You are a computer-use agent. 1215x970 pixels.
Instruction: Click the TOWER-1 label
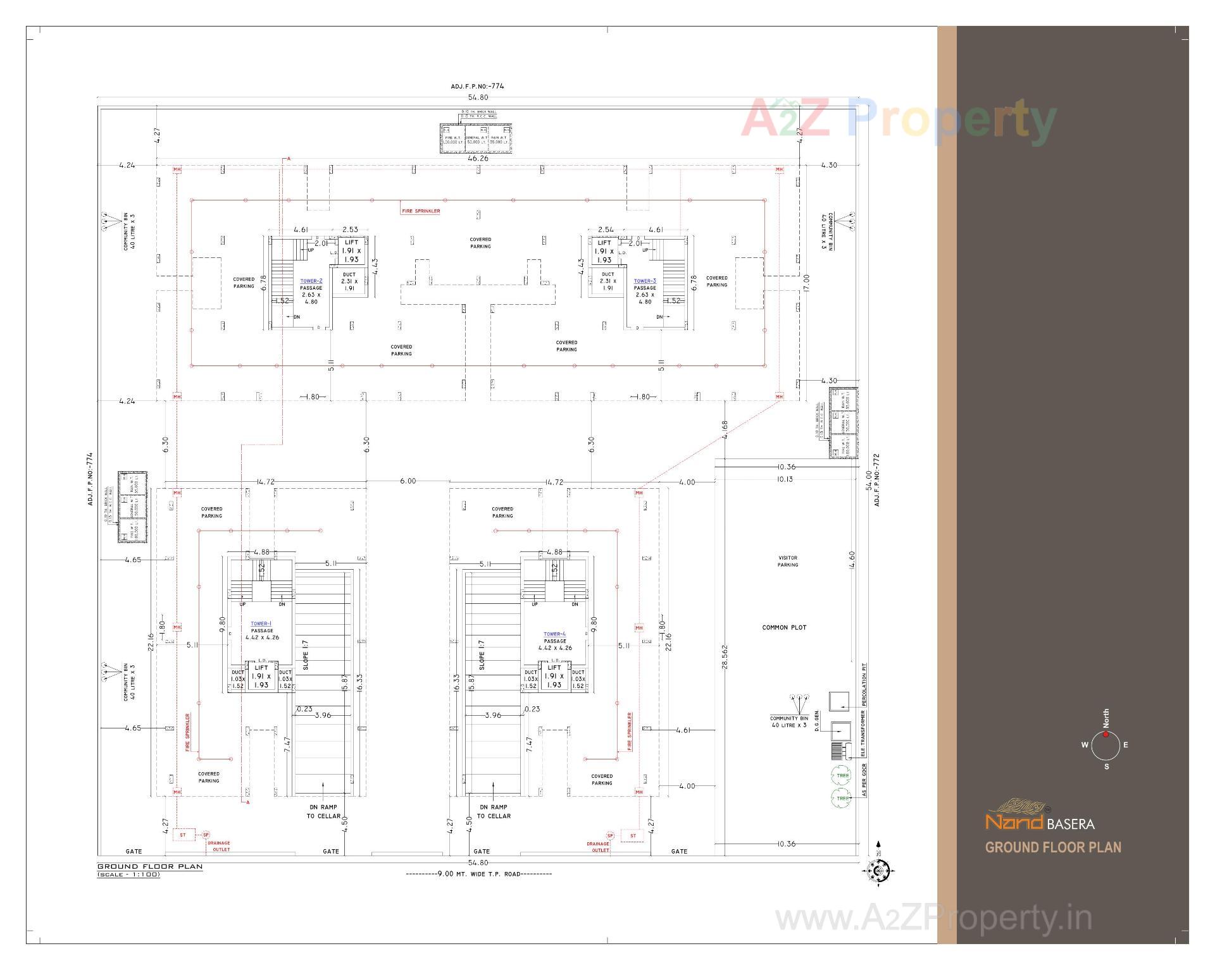coord(261,623)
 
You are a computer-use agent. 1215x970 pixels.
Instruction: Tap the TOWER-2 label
coord(311,281)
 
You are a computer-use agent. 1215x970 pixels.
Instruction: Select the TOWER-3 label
coord(645,281)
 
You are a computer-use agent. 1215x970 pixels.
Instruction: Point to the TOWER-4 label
coord(554,634)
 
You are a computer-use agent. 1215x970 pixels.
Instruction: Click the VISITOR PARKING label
coord(788,562)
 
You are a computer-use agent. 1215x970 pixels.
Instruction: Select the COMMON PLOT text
coord(784,627)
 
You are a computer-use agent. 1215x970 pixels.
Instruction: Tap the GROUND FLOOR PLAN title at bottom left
coord(150,866)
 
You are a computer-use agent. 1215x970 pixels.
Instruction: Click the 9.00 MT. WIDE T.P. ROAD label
coord(478,874)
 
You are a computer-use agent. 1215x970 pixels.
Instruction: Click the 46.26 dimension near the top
coord(478,158)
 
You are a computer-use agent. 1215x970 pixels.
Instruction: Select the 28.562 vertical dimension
coord(725,656)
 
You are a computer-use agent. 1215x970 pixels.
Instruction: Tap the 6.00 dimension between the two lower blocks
coord(408,481)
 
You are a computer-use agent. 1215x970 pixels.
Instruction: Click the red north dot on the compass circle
coord(1106,734)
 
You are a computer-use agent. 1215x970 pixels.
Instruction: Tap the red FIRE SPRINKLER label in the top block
coord(420,211)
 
